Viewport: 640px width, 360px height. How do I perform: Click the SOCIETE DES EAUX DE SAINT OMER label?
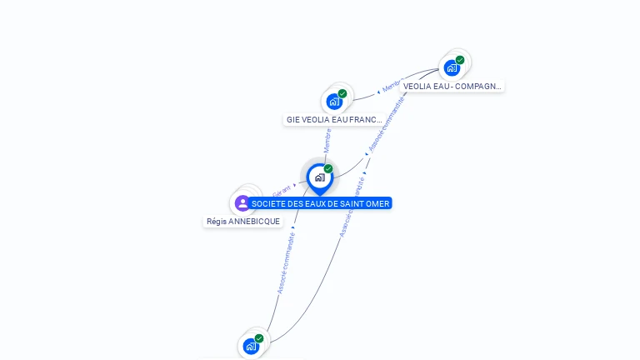tap(320, 203)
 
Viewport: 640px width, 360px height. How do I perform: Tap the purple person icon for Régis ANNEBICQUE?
tap(242, 202)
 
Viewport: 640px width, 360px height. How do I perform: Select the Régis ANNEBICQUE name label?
tap(243, 222)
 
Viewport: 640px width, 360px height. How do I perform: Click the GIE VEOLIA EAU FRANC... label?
tap(333, 119)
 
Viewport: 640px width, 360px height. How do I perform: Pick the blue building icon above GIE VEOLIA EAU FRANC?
tap(334, 102)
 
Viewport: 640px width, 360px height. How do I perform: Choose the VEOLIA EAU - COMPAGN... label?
tap(452, 86)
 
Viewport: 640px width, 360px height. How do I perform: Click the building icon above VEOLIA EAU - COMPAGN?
tap(452, 67)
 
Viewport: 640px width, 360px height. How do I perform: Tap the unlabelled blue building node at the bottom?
tap(251, 346)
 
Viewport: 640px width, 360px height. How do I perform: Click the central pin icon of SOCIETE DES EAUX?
tap(319, 177)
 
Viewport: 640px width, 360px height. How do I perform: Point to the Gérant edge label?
tap(281, 191)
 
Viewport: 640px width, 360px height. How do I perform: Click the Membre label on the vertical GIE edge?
tap(327, 140)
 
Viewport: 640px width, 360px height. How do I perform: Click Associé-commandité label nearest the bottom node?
tap(286, 262)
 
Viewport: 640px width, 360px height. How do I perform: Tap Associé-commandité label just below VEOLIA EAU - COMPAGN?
tap(387, 124)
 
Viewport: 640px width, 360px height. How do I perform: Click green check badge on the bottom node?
tap(259, 338)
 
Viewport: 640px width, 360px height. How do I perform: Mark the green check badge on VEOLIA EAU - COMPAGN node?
tap(460, 60)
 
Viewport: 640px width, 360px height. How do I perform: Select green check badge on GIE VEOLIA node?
tap(342, 94)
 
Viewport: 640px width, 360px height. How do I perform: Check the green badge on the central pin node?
tap(328, 169)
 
